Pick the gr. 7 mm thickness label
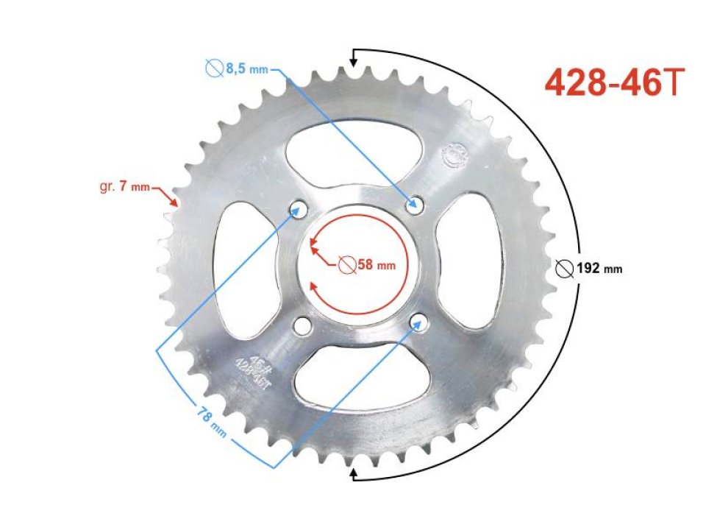(124, 188)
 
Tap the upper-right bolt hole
(416, 203)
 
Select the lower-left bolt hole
(302, 325)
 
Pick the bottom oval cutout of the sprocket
(360, 372)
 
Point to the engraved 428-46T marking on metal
(249, 368)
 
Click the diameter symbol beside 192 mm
(564, 269)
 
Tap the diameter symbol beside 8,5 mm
(215, 70)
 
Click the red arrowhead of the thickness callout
(174, 201)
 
